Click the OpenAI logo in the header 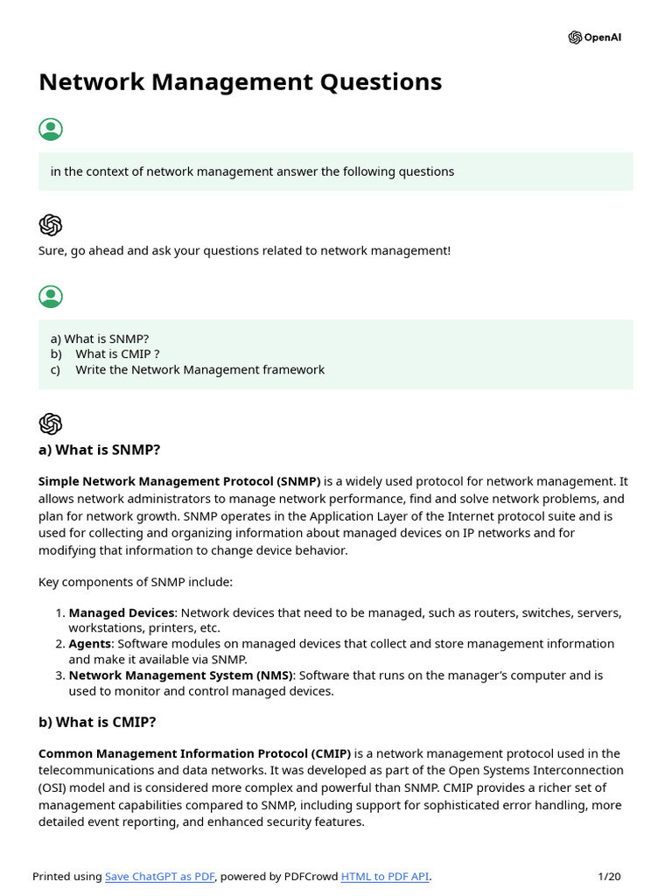[x=595, y=38]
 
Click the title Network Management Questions [x=240, y=82]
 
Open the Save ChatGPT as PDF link [x=160, y=876]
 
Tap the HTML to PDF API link [x=384, y=876]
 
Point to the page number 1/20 [x=609, y=876]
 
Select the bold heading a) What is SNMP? [x=99, y=450]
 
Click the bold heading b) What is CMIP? [x=97, y=722]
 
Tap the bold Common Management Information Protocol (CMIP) [x=194, y=753]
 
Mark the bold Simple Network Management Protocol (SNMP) [x=179, y=481]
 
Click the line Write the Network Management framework [x=199, y=370]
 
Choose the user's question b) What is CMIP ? [x=117, y=354]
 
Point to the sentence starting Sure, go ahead [x=244, y=251]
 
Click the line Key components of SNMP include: [x=136, y=582]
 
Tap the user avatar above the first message [x=51, y=129]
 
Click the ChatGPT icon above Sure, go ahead [x=51, y=225]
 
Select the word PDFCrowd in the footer [x=310, y=876]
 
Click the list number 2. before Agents [x=59, y=644]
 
